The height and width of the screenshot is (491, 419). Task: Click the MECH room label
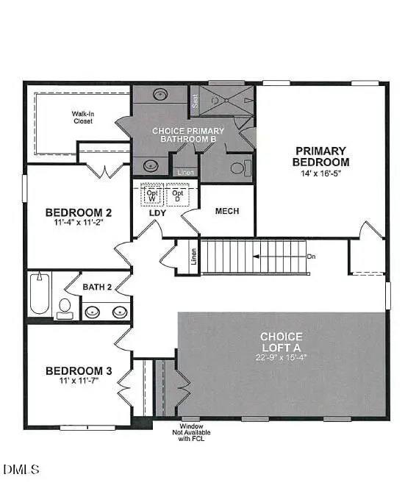coord(227,211)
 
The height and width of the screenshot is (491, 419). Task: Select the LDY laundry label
coord(158,212)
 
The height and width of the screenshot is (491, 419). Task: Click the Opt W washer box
coord(152,193)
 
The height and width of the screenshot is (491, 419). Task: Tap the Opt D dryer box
coord(176,193)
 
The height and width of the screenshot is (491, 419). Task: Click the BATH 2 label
coord(97,287)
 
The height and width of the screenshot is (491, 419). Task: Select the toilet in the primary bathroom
coord(237,168)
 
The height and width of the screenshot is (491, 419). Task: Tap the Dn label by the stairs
coord(312,257)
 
